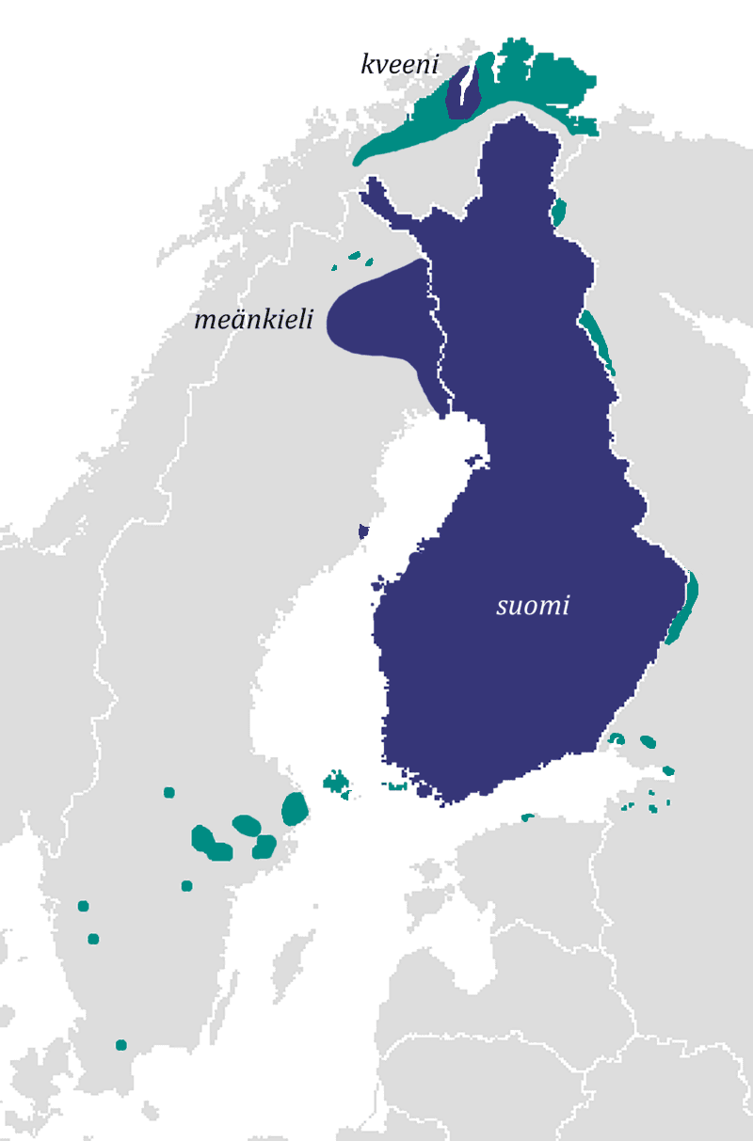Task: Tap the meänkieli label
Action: (x=253, y=320)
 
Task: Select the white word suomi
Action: (x=533, y=606)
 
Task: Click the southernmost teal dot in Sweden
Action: (x=120, y=1045)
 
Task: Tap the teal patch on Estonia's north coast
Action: (x=527, y=817)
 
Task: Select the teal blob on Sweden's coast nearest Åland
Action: (x=295, y=808)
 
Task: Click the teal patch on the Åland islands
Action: (x=335, y=781)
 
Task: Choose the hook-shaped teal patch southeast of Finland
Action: (x=617, y=738)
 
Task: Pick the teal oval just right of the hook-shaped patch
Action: (x=648, y=741)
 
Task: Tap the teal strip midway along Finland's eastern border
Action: (x=597, y=339)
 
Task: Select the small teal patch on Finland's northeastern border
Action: (x=558, y=213)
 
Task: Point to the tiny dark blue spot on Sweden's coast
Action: (x=363, y=531)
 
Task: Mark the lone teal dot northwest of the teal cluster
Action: (x=169, y=792)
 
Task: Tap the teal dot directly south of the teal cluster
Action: (x=186, y=885)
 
